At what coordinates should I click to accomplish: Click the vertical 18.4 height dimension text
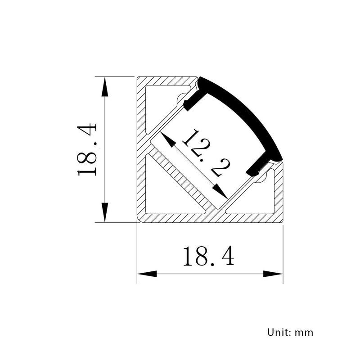[87, 149]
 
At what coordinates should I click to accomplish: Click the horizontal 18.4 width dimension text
[208, 256]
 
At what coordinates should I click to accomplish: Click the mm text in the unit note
[304, 333]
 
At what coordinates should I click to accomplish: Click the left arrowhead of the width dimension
[147, 274]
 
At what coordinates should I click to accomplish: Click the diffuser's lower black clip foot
[256, 168]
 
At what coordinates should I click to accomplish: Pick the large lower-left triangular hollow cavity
[166, 191]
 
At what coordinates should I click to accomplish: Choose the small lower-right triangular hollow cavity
[259, 198]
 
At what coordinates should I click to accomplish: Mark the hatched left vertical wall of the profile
[141, 148]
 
